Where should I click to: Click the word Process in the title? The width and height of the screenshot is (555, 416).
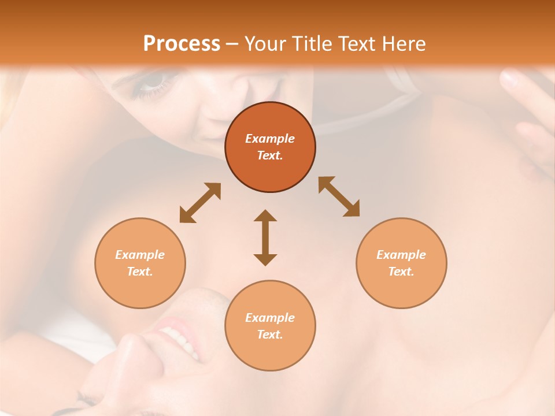[x=182, y=44]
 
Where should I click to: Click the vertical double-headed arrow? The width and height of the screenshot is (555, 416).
[x=265, y=237]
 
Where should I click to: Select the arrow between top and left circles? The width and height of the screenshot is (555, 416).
[x=200, y=203]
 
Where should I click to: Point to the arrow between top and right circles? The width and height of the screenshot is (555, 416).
[x=339, y=196]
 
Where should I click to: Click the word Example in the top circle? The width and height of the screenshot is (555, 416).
[x=270, y=139]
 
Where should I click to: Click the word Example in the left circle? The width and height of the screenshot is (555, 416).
[x=140, y=255]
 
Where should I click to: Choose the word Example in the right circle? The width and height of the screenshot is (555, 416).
[x=401, y=255]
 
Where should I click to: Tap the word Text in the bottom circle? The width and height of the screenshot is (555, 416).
[x=270, y=335]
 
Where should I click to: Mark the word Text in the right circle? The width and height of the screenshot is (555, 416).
[x=401, y=272]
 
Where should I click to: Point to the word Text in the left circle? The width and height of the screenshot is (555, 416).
[x=140, y=272]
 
